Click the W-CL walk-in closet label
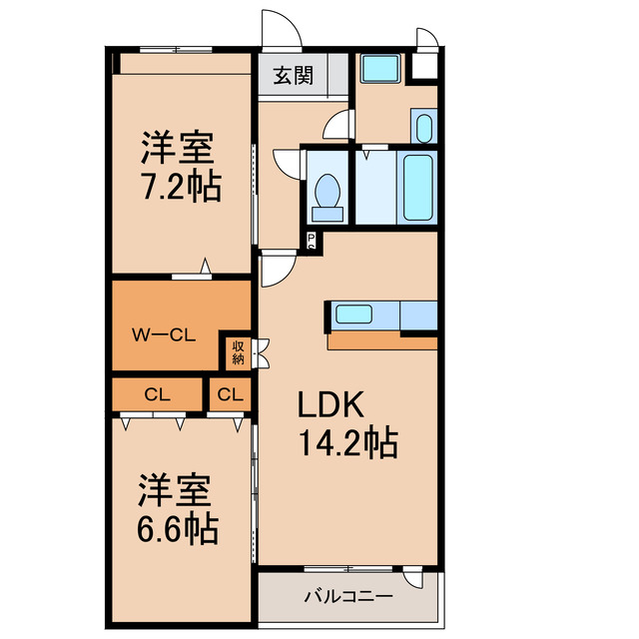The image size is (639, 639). pyautogui.click(x=164, y=335)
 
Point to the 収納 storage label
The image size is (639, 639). pyautogui.click(x=239, y=351)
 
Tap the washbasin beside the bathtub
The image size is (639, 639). pyautogui.click(x=422, y=128)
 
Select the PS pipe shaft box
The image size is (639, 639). pyautogui.click(x=312, y=240)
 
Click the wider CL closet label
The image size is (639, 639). pyautogui.click(x=158, y=394)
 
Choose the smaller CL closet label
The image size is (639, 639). pyautogui.click(x=230, y=394)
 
